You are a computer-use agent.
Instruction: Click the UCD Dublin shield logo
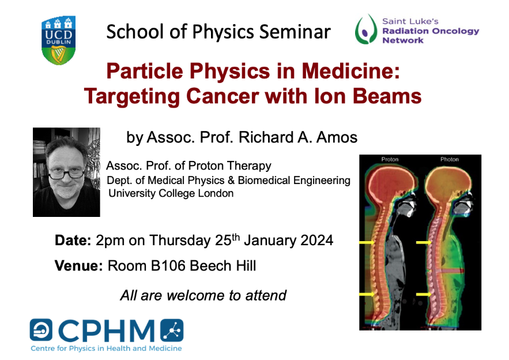click(x=58, y=40)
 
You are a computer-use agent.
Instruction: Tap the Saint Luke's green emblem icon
click(x=366, y=29)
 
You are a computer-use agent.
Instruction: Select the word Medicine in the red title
click(x=350, y=71)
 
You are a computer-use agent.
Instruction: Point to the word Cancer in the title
click(x=223, y=96)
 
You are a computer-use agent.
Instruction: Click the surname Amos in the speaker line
click(x=337, y=137)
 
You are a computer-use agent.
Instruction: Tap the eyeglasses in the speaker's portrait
click(x=66, y=174)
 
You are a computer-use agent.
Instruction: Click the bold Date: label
click(x=73, y=241)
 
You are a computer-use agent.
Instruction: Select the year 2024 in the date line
click(x=316, y=241)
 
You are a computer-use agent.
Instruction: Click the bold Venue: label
click(x=78, y=266)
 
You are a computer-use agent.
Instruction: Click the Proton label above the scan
click(x=390, y=159)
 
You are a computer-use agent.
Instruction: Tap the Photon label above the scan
click(x=449, y=159)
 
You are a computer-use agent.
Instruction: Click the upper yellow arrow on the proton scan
click(x=367, y=242)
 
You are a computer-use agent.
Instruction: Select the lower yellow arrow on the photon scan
click(x=424, y=294)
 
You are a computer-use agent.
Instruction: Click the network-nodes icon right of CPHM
click(x=172, y=331)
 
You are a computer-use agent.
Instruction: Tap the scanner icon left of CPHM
click(x=41, y=330)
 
